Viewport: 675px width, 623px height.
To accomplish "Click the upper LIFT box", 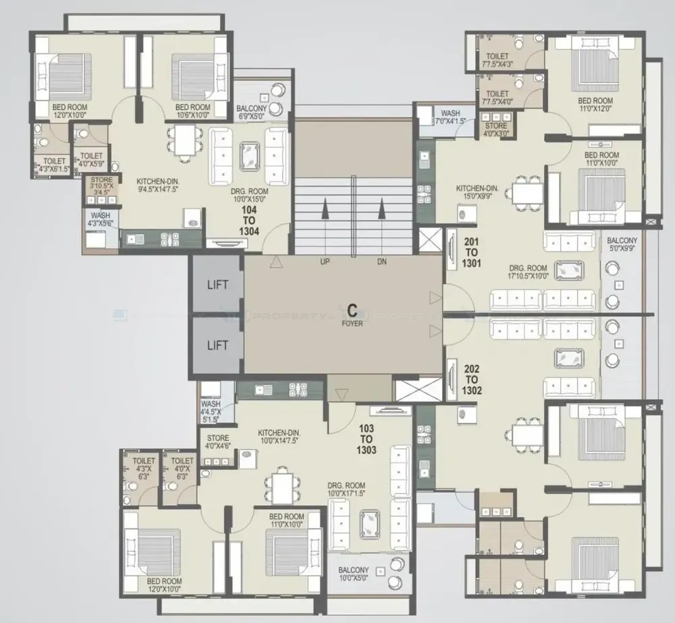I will click(217, 285).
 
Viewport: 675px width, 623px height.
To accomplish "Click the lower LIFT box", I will click(217, 345).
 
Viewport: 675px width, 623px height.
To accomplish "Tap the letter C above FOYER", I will click(352, 311).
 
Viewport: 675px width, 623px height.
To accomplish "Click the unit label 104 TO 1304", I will click(250, 220).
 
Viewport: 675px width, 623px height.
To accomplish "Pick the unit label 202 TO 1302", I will click(473, 379).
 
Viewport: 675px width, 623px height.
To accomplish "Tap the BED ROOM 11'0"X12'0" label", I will click(595, 105).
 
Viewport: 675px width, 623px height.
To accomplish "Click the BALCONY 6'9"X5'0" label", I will click(251, 112).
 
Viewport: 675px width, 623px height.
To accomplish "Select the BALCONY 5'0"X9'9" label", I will click(622, 245).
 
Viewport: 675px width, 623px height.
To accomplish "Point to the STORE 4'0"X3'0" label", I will click(496, 129).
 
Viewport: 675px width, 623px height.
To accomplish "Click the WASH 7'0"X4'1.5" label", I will click(450, 117).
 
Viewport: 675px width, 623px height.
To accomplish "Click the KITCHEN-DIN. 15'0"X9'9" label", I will click(481, 193).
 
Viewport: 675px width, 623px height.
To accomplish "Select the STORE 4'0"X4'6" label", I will click(219, 442).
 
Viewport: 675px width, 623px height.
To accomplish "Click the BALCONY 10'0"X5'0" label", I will click(354, 574).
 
